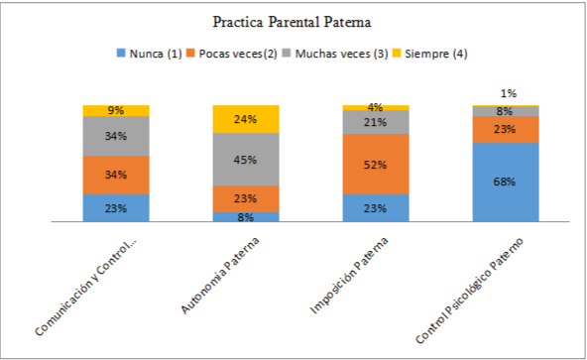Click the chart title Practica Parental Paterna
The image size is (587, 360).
click(x=293, y=21)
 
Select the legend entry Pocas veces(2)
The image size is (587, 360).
click(x=238, y=54)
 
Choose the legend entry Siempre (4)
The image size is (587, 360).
click(x=430, y=54)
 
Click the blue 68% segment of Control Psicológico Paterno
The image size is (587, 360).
click(x=506, y=182)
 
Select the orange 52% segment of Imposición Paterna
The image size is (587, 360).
click(x=376, y=165)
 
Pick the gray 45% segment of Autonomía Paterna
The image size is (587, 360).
click(x=246, y=160)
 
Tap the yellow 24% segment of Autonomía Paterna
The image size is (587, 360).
click(x=246, y=119)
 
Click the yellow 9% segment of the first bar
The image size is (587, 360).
click(x=116, y=110)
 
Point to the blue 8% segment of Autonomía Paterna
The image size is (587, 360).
click(x=246, y=216)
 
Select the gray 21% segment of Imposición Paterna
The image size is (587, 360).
click(x=376, y=122)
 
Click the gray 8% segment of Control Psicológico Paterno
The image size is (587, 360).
click(x=506, y=111)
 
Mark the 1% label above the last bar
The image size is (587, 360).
click(x=506, y=93)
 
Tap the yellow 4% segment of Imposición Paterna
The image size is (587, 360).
click(x=376, y=107)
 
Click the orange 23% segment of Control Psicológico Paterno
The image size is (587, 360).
click(x=506, y=130)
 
